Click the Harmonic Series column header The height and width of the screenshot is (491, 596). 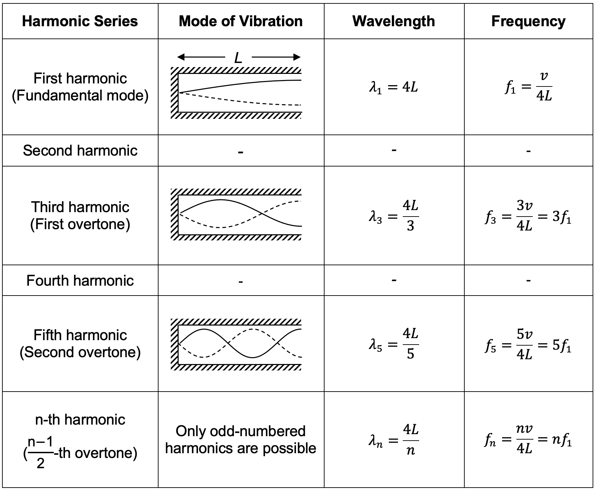[x=80, y=21]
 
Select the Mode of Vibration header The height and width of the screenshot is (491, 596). [x=241, y=21]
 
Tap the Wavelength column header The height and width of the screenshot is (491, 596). [x=394, y=21]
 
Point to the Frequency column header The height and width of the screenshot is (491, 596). [x=528, y=21]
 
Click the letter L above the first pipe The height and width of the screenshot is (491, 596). [x=238, y=58]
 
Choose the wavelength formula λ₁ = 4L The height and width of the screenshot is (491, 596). [x=394, y=88]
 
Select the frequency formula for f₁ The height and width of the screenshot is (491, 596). [x=528, y=88]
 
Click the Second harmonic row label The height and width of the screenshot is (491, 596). [x=80, y=151]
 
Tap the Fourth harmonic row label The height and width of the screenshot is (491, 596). [x=80, y=281]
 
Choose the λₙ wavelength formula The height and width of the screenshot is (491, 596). [x=394, y=440]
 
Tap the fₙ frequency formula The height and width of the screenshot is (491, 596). [x=528, y=440]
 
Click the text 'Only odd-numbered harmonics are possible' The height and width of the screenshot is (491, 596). [x=241, y=440]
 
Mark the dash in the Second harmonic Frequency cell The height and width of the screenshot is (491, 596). [x=528, y=151]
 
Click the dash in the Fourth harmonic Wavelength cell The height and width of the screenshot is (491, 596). [x=394, y=281]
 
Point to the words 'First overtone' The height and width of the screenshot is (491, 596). [x=80, y=224]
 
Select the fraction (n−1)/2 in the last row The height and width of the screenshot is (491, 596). [x=40, y=453]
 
